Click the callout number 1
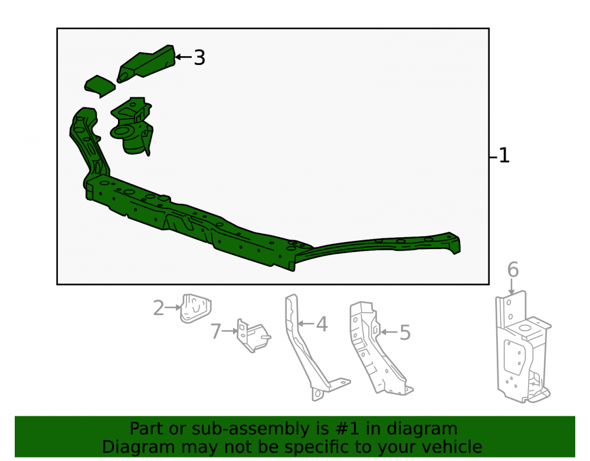click(504, 155)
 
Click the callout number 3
click(199, 58)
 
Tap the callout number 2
click(158, 308)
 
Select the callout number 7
click(215, 332)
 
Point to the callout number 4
click(322, 324)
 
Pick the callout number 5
click(405, 333)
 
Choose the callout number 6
click(513, 269)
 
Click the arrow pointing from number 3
click(183, 57)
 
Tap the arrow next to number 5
click(389, 332)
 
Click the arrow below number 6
click(512, 287)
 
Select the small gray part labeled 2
click(195, 309)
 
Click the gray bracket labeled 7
click(253, 335)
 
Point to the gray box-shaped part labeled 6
click(523, 347)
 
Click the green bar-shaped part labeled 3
click(147, 63)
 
